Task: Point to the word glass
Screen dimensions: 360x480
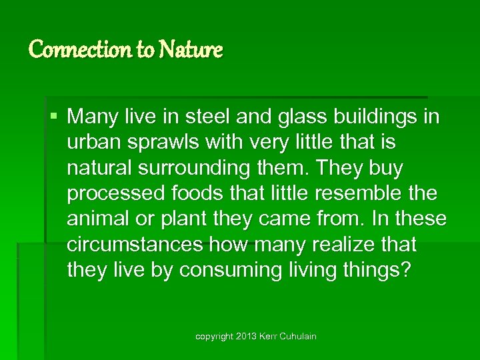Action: pos(309,117)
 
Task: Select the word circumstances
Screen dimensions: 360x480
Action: pos(135,245)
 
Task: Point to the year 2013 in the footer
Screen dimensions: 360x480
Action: pos(244,337)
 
